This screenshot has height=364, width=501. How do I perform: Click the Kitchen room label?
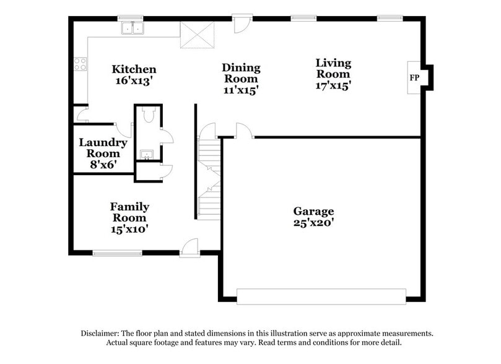click(x=134, y=69)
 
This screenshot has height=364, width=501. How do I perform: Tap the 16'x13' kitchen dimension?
click(x=134, y=80)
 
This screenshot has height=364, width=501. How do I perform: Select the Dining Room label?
click(x=241, y=73)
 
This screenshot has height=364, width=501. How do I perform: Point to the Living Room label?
click(x=333, y=68)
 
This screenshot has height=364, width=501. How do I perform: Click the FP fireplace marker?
click(x=414, y=78)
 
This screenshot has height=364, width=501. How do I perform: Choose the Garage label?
click(x=313, y=211)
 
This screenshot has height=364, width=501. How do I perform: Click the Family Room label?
click(x=129, y=212)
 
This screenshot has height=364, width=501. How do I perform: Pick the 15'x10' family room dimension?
click(x=129, y=228)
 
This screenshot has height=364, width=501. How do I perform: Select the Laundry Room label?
click(x=103, y=147)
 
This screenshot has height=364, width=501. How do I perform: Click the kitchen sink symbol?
click(x=132, y=28)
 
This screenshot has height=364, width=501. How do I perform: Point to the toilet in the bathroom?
click(x=147, y=115)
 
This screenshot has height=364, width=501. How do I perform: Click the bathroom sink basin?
click(x=147, y=154)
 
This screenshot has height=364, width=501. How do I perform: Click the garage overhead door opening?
click(x=321, y=296)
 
